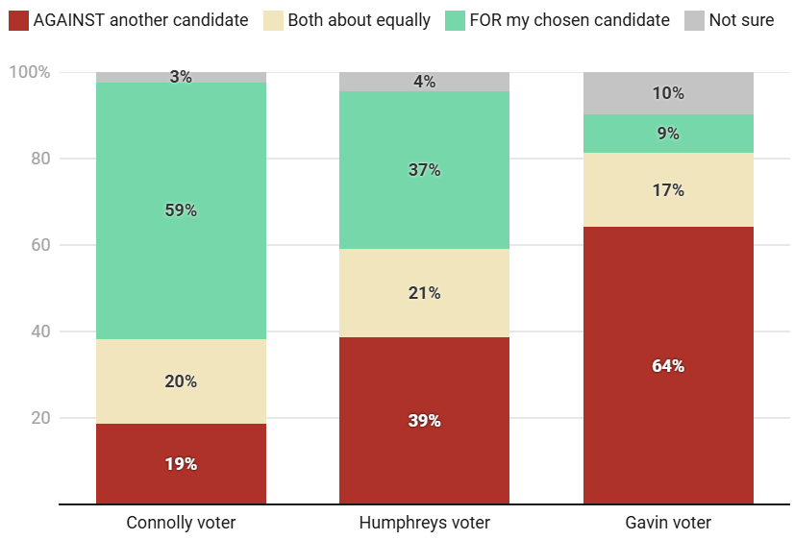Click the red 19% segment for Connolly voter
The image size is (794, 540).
coord(181,463)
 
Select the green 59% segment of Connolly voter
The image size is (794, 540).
coord(181,210)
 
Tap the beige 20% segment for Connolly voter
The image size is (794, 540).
coord(181,381)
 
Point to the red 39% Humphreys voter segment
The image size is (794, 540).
coord(424,420)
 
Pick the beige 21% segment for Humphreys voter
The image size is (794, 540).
coord(424,293)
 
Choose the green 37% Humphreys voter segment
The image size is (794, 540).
coord(424,170)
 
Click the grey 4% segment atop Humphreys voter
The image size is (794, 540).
coord(424,82)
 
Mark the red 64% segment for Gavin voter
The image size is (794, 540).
coord(668,365)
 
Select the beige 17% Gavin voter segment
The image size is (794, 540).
coord(668,190)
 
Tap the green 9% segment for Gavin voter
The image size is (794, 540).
coord(668,134)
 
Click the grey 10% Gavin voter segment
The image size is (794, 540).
coord(668,93)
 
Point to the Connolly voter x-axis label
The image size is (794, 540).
coord(181,523)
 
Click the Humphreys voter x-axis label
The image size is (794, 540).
coord(424,523)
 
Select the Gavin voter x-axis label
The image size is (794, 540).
coord(668,523)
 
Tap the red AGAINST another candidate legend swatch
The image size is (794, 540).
coord(18,20)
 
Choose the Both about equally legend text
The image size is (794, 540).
coord(359,20)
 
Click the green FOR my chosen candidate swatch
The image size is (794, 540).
coord(455,20)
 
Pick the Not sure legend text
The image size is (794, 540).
coord(741,20)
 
